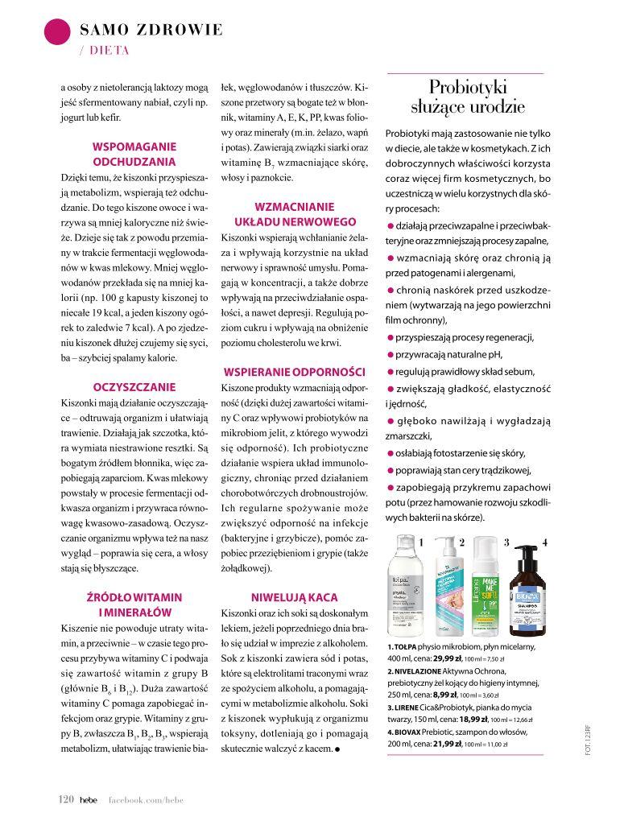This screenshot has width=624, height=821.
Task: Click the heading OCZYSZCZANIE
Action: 134,386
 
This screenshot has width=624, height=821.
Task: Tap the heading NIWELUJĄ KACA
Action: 294,597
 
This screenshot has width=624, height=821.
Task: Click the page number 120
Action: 66,798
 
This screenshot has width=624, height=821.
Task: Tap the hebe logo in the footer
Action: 88,798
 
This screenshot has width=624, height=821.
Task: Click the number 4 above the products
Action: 545,543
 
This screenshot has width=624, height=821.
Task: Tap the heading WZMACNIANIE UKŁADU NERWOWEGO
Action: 294,213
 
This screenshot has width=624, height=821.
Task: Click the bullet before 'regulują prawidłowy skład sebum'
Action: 391,372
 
